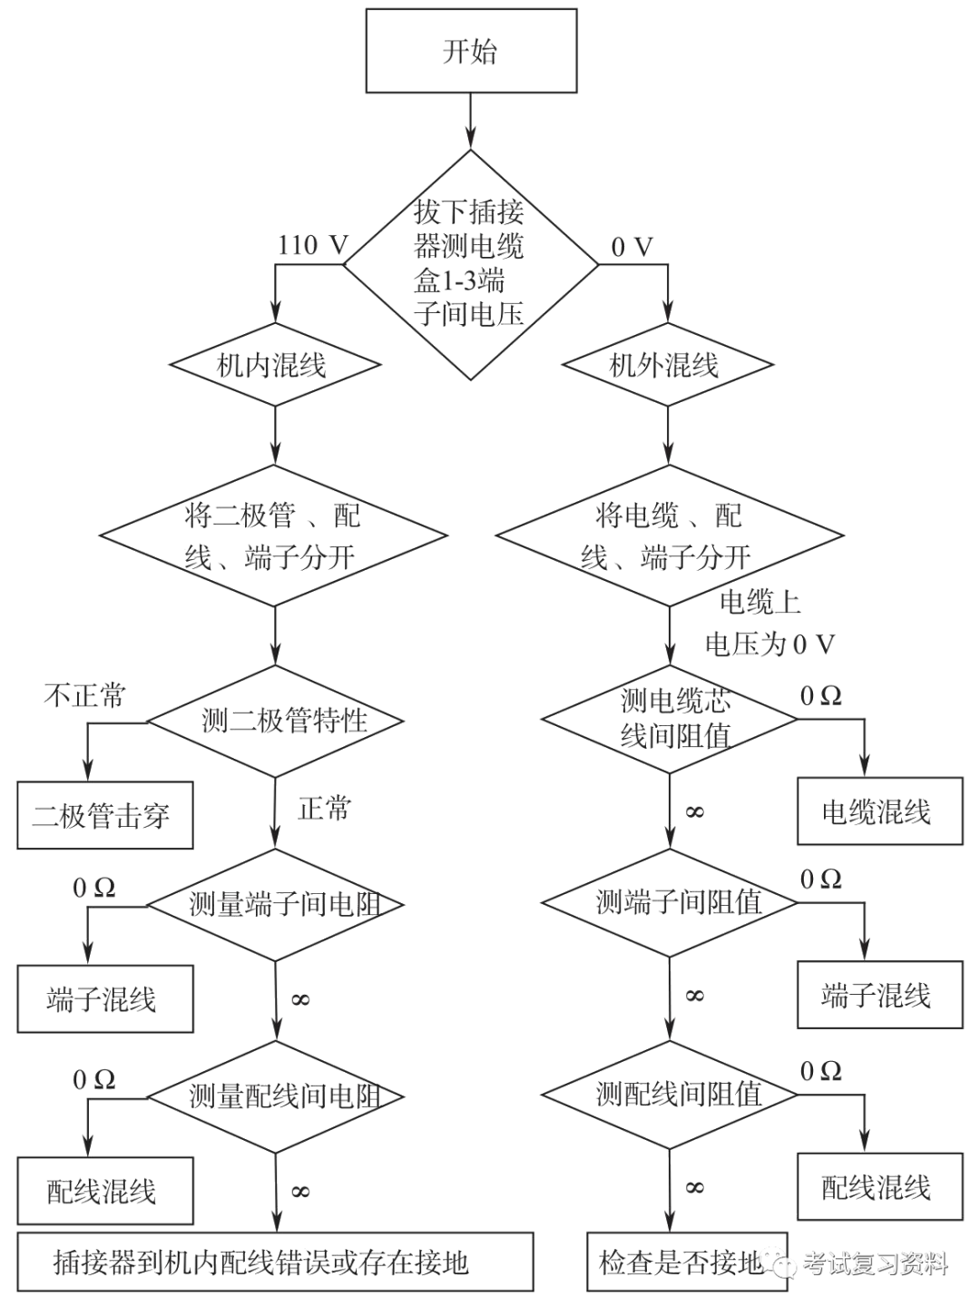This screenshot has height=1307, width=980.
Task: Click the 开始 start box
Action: pyautogui.click(x=471, y=51)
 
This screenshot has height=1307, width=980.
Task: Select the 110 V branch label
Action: pyautogui.click(x=311, y=245)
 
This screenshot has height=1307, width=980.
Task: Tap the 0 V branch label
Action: pyautogui.click(x=632, y=246)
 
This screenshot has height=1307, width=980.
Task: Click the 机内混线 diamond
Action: pyautogui.click(x=274, y=367)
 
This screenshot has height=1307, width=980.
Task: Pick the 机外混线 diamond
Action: pyautogui.click(x=669, y=367)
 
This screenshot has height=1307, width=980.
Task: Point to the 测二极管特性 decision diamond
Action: pyautogui.click(x=275, y=722)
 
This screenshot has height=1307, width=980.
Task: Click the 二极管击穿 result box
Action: pyautogui.click(x=104, y=816)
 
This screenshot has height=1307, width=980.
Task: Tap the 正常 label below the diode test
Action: pyautogui.click(x=324, y=809)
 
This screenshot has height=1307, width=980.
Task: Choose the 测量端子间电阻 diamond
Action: pyautogui.click(x=275, y=905)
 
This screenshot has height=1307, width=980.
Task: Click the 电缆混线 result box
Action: pyautogui.click(x=879, y=812)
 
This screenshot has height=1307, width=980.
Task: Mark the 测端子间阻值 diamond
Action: pyautogui.click(x=669, y=902)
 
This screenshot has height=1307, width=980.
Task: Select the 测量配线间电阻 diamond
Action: pyautogui.click(x=275, y=1096)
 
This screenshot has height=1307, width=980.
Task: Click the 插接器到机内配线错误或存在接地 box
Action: pyautogui.click(x=275, y=1261)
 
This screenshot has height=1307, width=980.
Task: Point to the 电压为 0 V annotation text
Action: pyautogui.click(x=769, y=644)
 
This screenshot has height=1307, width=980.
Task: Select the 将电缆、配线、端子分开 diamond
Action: pyautogui.click(x=670, y=536)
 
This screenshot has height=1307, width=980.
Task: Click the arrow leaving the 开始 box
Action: pyautogui.click(x=471, y=120)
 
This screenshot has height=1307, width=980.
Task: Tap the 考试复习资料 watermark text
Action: pyautogui.click(x=873, y=1263)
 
